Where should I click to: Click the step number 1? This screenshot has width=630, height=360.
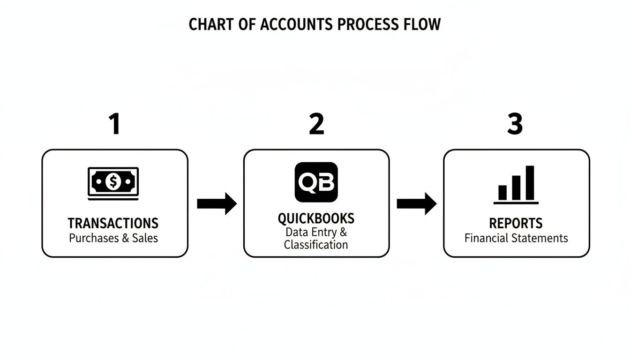(114, 125)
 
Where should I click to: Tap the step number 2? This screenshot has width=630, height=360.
(316, 125)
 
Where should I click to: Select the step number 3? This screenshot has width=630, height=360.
(515, 125)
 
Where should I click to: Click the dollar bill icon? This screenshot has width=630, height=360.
(113, 182)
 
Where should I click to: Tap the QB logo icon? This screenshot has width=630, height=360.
(316, 182)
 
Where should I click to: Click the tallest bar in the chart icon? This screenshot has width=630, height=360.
(530, 182)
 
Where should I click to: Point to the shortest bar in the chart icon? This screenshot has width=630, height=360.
(502, 192)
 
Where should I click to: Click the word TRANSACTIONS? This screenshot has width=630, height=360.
(113, 223)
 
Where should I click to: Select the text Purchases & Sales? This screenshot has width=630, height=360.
(113, 238)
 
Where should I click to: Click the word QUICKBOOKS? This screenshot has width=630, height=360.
(316, 218)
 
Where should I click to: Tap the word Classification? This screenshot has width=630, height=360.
(316, 245)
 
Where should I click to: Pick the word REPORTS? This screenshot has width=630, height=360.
(516, 223)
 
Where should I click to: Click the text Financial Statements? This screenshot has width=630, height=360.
(516, 238)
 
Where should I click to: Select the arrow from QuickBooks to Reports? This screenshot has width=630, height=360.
(416, 203)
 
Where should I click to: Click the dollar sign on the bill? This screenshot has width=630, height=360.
(113, 181)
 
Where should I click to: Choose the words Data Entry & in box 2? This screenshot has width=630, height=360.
(316, 232)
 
